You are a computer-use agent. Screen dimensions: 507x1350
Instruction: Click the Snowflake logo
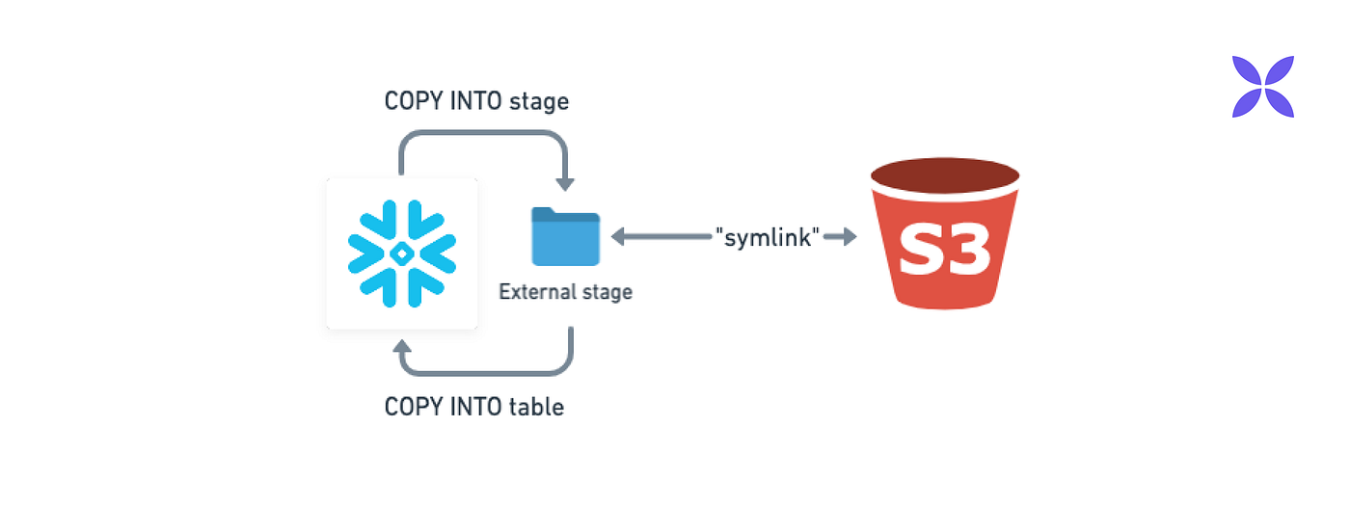(402, 253)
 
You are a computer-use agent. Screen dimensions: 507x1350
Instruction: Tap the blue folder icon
(565, 237)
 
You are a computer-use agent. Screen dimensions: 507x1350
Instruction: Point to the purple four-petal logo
(1262, 87)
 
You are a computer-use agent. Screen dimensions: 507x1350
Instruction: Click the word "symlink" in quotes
(768, 237)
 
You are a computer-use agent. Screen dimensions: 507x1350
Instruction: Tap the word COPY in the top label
(411, 101)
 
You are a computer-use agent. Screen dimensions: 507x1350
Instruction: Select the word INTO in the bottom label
(472, 407)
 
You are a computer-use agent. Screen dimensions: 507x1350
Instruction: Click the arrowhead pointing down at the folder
(566, 183)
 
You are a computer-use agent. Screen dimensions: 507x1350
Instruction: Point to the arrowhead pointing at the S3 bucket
(850, 237)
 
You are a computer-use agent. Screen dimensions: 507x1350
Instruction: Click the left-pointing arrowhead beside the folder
(618, 237)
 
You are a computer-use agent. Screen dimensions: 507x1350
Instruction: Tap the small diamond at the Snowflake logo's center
(402, 253)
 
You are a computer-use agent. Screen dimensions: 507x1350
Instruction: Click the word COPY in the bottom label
(411, 407)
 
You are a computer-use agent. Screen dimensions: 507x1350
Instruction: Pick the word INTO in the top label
(472, 101)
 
